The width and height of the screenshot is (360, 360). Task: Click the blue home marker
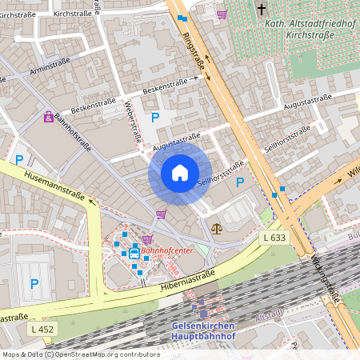point(180,173)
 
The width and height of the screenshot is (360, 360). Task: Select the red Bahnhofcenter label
point(167,250)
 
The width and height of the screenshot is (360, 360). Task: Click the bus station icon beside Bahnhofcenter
point(134,254)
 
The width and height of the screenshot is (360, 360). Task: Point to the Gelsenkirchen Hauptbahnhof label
point(203,331)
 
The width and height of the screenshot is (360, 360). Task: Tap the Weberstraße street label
point(132,122)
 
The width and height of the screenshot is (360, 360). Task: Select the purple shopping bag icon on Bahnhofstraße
point(49,118)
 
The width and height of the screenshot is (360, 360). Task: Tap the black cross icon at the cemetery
point(262,10)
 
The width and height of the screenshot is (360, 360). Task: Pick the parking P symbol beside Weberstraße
point(155,117)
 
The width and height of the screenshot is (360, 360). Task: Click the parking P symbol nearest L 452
point(34,283)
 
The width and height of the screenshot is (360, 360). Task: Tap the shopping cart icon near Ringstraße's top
point(222,14)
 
